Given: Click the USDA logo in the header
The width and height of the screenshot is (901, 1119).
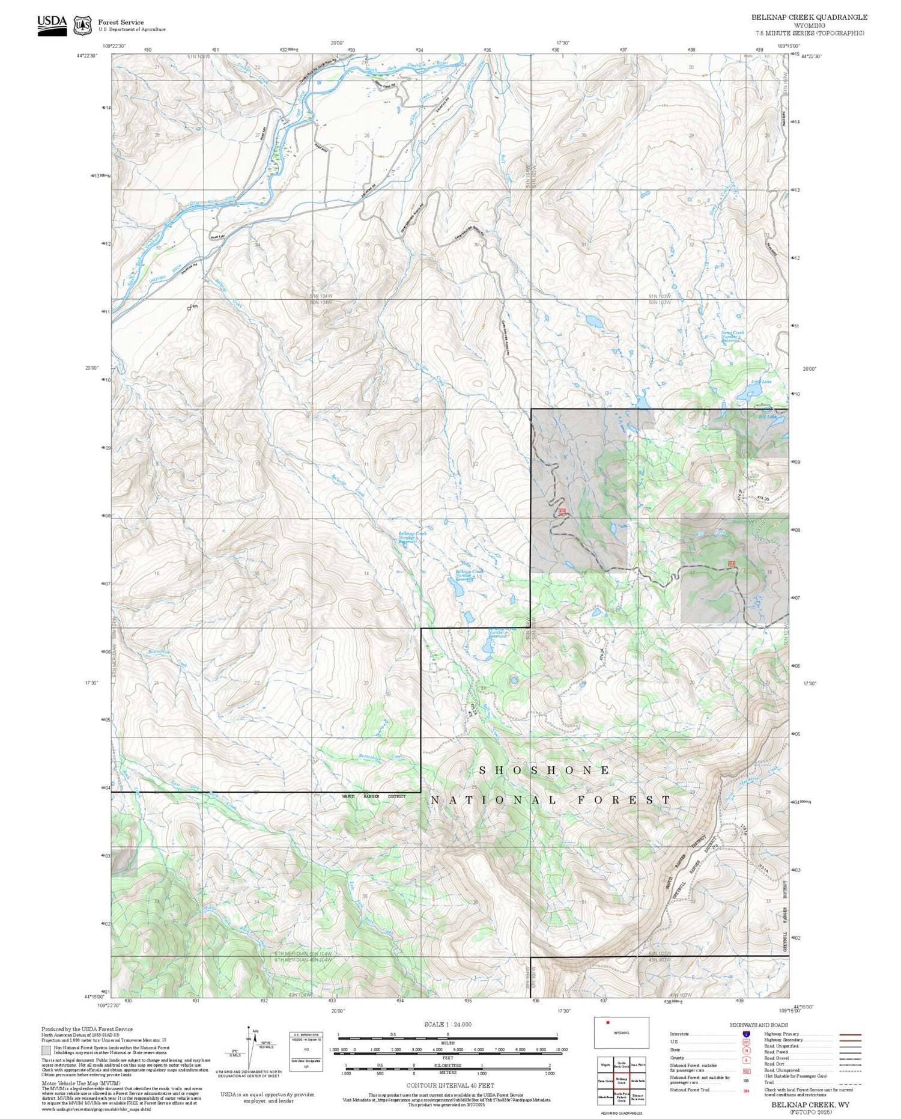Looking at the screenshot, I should coord(52,25).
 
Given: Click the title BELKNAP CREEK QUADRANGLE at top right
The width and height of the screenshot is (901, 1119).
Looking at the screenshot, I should coord(809,17).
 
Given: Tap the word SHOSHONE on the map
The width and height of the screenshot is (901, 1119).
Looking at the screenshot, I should coord(544,770).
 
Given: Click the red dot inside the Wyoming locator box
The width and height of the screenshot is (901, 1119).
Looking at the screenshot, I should coord(608,1022).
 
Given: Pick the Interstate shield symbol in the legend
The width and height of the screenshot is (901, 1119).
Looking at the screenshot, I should coord(746,1034).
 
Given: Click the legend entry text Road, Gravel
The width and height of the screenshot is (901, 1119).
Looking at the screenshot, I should coord(776,1058).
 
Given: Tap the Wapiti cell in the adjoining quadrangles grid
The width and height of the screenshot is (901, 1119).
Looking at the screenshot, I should coord(605,1064).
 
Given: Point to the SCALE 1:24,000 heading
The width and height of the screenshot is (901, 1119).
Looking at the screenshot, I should coord(447,1025).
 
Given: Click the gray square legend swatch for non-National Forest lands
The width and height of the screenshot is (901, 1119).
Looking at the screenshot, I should coord(46,1051).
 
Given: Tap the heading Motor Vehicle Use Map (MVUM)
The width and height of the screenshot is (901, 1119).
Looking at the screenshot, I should coord(70,1083).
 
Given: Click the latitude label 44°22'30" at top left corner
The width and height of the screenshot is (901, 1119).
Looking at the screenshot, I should coord(88,56).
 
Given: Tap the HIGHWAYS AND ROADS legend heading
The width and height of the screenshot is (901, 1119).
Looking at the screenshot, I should coord(759,1025).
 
